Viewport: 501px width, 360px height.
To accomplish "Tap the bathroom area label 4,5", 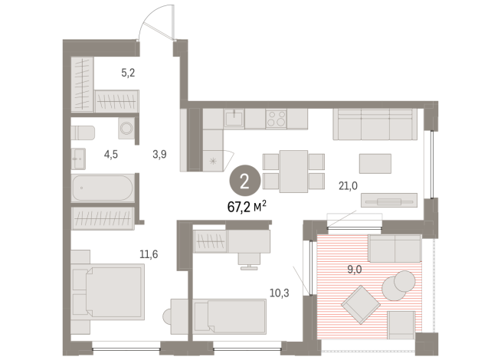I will (x=110, y=153).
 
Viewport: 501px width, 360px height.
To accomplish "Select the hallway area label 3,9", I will (x=159, y=153).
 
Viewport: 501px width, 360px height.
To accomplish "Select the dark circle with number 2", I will (x=244, y=180).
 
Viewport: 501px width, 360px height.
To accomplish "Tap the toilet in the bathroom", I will (x=83, y=132).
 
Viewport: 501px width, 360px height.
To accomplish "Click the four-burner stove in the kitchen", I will (x=276, y=119).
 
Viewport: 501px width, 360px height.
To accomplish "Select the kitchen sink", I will (x=234, y=119).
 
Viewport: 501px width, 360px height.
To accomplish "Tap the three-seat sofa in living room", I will (x=375, y=124).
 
